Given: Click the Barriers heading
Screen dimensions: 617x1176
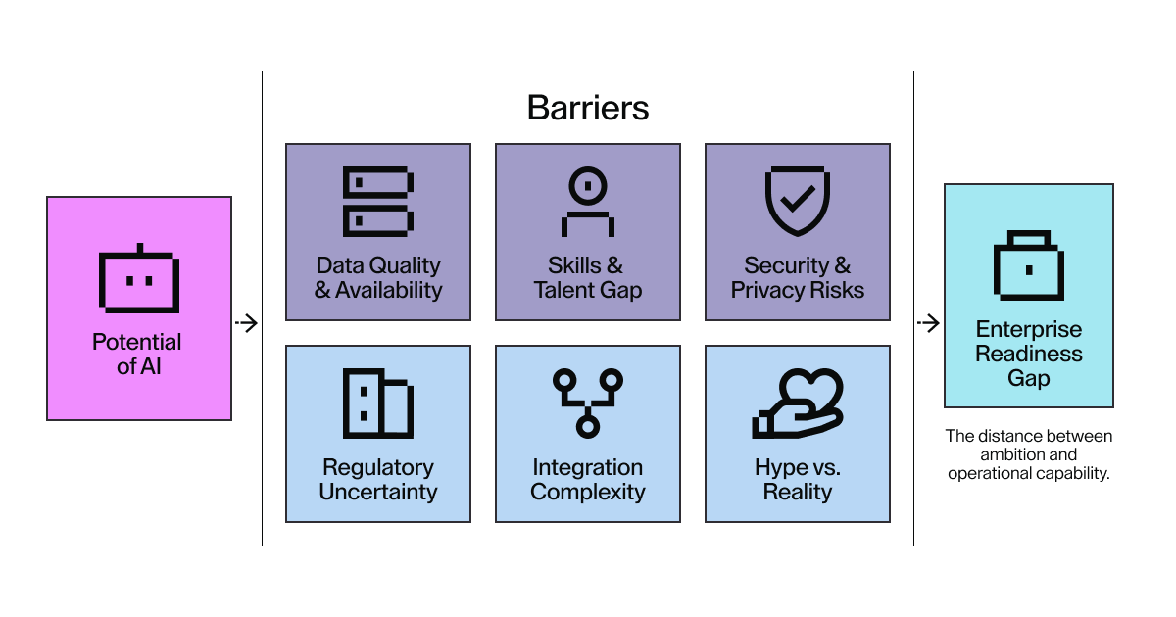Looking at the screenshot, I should coord(588,107).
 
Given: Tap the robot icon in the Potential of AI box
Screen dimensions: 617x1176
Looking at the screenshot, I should coord(138,280).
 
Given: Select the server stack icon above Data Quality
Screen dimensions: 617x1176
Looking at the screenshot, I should coord(378,202).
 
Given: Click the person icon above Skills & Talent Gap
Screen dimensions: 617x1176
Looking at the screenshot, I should coord(588,202).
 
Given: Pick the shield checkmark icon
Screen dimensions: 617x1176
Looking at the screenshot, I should coord(797,202).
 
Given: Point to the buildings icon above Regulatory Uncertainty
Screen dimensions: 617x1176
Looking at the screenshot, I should coord(378,403).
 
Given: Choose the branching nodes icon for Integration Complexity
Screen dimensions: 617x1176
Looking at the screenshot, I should coord(588,403).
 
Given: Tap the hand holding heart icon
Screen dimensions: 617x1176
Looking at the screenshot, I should coord(797,403).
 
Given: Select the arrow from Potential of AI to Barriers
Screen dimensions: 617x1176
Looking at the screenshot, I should coord(247,323).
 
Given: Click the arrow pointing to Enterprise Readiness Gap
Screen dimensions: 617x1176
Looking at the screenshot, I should coord(927,323).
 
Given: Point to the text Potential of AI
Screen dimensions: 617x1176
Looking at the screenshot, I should coord(137,355).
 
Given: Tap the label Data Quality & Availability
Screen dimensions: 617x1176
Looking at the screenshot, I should coord(378,278).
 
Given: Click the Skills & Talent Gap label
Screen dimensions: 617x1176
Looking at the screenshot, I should coord(588,278).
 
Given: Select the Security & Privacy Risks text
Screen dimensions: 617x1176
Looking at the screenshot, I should coord(797,278).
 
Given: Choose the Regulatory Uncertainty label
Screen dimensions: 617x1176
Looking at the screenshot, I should coord(378,480).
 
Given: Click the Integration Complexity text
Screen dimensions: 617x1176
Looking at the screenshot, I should coord(588,480).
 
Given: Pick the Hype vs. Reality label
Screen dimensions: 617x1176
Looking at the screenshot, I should coord(797,480).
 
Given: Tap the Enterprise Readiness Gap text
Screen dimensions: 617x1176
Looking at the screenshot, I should coord(1029,354).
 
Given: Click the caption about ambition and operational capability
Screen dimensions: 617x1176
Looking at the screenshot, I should coord(1029,454).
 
